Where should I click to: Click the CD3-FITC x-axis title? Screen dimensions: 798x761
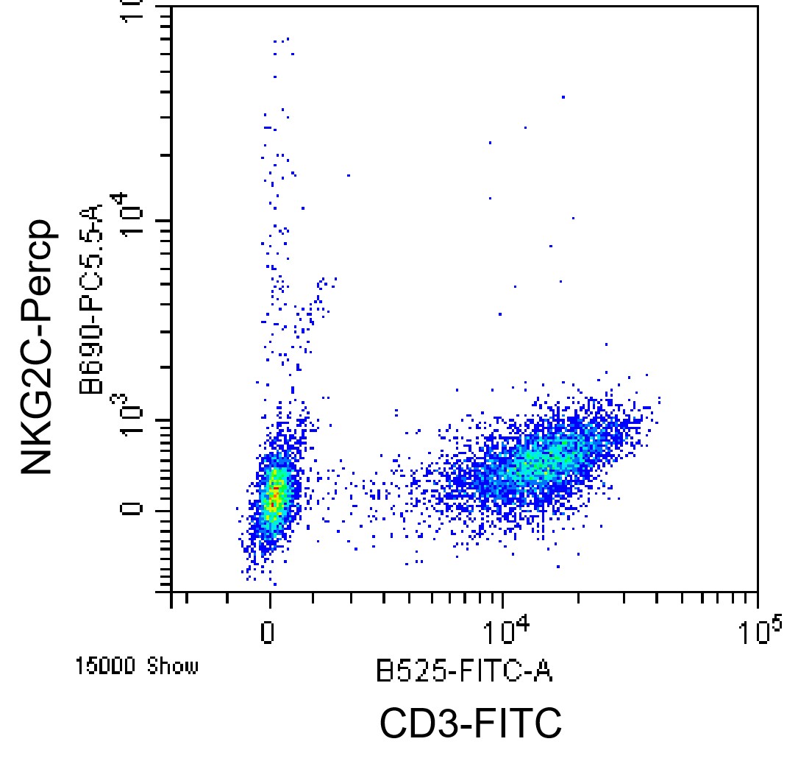pyautogui.click(x=471, y=722)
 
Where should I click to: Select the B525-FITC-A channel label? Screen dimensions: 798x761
pyautogui.click(x=464, y=670)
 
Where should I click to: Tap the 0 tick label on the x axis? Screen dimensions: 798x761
pyautogui.click(x=268, y=633)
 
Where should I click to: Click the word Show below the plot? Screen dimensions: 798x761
pyautogui.click(x=173, y=666)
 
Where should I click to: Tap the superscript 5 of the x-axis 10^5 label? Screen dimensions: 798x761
pyautogui.click(x=775, y=623)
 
